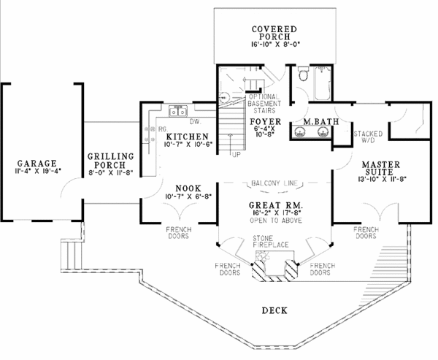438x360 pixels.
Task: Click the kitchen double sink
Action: [x=178, y=111]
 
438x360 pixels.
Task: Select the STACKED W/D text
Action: [x=366, y=138]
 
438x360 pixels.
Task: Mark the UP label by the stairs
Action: [x=234, y=156]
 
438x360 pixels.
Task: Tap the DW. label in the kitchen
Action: [x=204, y=123]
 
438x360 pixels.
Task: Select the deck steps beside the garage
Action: [x=70, y=255]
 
